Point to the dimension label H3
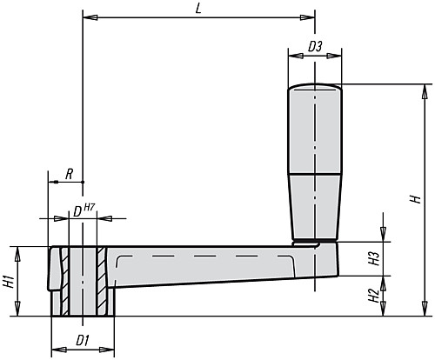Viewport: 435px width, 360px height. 372,259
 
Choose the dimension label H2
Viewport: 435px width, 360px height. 372,297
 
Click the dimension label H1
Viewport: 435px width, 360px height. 8,281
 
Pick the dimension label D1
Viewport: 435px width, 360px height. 83,338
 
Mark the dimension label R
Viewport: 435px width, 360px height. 69,174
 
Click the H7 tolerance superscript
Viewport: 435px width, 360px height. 90,205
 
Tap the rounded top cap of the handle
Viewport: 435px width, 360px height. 315,87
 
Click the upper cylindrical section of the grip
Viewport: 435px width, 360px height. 315,130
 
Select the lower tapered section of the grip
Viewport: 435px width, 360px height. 315,204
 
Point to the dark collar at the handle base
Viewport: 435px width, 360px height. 315,238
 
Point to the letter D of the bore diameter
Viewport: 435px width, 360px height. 77,210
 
